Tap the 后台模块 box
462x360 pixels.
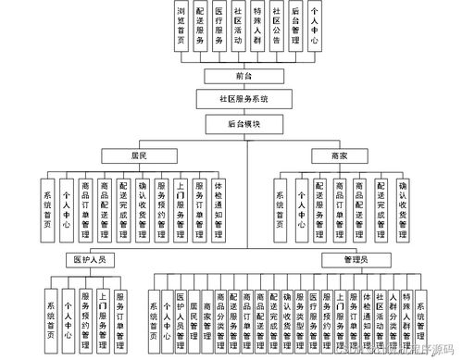(245, 123)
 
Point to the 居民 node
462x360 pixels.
(139, 154)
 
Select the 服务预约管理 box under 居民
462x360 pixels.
(161, 205)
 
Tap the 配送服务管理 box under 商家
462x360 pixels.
(321, 205)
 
